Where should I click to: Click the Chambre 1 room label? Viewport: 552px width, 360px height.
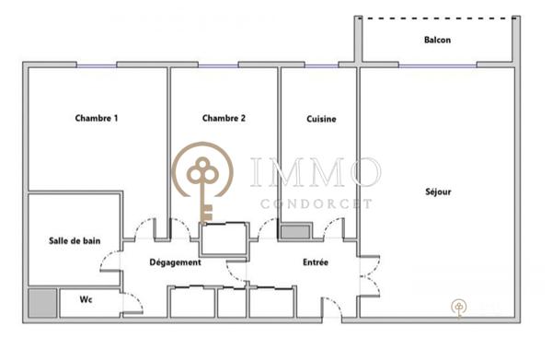pyautogui.click(x=97, y=118)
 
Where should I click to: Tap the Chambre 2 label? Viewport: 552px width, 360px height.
pyautogui.click(x=224, y=118)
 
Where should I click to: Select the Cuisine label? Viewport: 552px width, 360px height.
pyautogui.click(x=321, y=119)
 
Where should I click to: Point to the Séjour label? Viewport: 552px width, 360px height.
pyautogui.click(x=439, y=192)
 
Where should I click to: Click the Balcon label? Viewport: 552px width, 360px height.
pyautogui.click(x=437, y=41)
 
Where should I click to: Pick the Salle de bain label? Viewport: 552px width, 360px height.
pyautogui.click(x=75, y=241)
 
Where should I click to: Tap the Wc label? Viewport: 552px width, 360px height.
pyautogui.click(x=86, y=301)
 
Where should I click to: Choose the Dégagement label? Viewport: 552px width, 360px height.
pyautogui.click(x=175, y=262)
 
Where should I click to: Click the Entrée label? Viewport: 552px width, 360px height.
pyautogui.click(x=316, y=262)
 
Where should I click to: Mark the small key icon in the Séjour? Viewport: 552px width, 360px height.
pyautogui.click(x=457, y=307)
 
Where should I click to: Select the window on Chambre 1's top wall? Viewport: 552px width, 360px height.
pyautogui.click(x=97, y=64)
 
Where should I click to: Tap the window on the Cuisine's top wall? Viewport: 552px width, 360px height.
pyautogui.click(x=321, y=64)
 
